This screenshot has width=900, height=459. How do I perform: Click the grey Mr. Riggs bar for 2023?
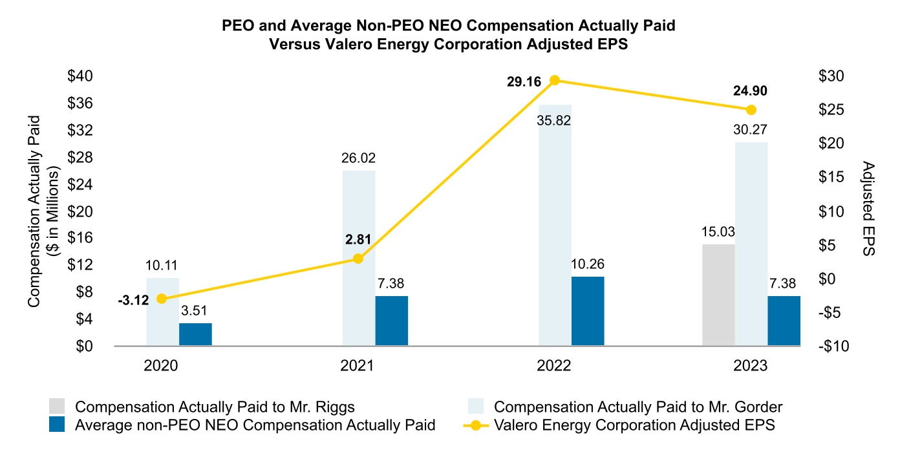click(x=718, y=295)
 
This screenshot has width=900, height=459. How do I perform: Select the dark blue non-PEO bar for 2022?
click(x=588, y=311)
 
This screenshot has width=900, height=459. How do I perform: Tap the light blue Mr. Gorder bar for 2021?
click(x=359, y=258)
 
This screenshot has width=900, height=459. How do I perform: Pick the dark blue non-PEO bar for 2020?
click(x=195, y=334)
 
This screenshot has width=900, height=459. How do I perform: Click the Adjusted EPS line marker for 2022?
click(x=554, y=80)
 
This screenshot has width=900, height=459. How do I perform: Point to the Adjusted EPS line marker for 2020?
click(x=162, y=299)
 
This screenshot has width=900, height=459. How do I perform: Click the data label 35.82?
click(x=555, y=120)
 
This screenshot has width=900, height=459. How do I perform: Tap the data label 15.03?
click(x=718, y=232)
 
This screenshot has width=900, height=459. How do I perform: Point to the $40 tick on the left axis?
click(x=81, y=76)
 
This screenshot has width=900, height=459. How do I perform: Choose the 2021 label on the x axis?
click(x=358, y=366)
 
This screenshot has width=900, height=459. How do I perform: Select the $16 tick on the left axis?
click(x=81, y=238)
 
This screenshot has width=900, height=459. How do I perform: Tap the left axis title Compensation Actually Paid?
click(x=34, y=211)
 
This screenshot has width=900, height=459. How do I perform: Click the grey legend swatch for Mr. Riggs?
click(x=57, y=407)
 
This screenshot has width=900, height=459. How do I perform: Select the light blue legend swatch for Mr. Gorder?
click(x=476, y=407)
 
